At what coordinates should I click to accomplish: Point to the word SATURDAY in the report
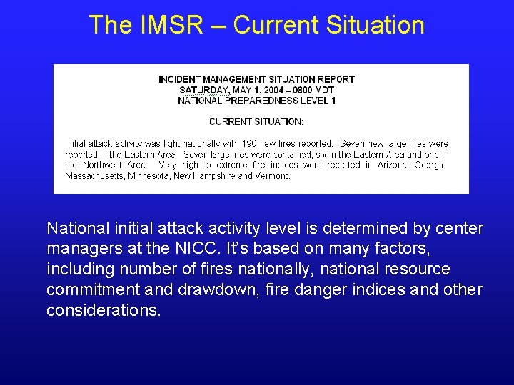[204, 90]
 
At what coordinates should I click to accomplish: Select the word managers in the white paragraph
[79, 250]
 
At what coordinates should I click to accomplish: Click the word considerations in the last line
[103, 311]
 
